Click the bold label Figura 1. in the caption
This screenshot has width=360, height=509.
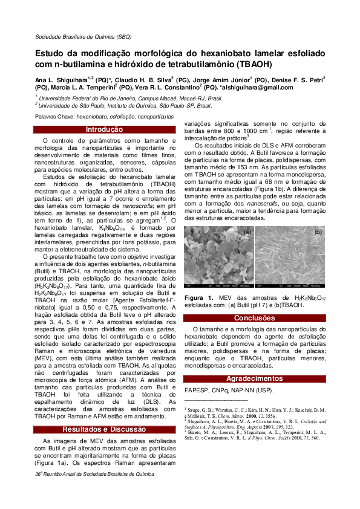pos(198,298)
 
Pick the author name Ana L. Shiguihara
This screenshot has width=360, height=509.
pos(59,79)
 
